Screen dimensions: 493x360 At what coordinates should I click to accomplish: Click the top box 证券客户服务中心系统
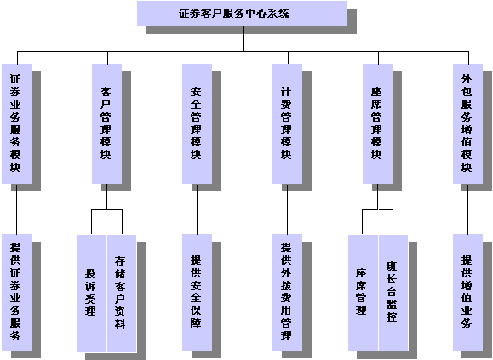[242, 14]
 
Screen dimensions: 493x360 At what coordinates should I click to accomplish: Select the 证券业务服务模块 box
[17, 123]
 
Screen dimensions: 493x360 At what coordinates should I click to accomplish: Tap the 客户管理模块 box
[107, 123]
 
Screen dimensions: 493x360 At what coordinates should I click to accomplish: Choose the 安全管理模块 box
[198, 123]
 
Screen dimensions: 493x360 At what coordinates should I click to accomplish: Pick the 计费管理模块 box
[288, 123]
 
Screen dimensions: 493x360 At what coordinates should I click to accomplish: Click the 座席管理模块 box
[377, 123]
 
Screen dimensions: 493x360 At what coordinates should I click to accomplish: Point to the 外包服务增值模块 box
[467, 123]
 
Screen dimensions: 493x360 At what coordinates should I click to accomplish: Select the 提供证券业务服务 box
[17, 292]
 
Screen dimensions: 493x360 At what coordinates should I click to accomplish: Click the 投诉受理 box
[92, 294]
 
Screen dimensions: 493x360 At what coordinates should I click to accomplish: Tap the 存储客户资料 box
[122, 294]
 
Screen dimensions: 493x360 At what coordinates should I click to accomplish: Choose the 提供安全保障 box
[198, 292]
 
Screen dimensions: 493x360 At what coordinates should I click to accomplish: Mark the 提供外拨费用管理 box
[288, 292]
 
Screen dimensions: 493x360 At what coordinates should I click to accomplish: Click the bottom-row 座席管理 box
[363, 293]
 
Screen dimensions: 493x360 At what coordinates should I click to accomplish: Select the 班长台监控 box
[393, 293]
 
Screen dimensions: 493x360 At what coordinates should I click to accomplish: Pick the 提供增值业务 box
[467, 292]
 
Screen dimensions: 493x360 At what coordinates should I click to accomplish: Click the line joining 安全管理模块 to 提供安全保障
[198, 209]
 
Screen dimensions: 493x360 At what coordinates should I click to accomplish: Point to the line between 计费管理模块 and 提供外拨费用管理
[288, 209]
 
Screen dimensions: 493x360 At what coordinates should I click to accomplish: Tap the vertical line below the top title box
[243, 38]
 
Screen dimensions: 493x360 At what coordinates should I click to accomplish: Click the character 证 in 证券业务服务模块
[15, 79]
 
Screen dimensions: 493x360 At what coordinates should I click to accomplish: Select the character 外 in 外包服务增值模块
[467, 79]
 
